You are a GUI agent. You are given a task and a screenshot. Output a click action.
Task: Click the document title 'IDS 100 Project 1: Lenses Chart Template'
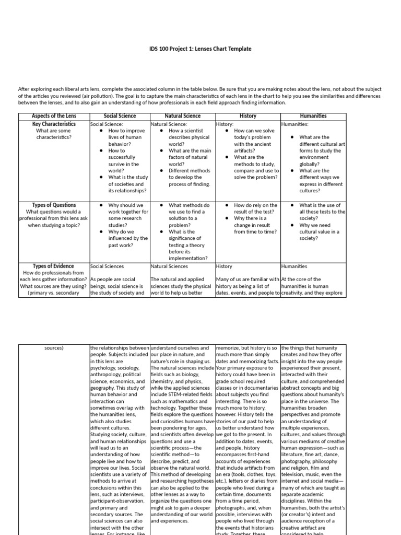[x=200, y=49]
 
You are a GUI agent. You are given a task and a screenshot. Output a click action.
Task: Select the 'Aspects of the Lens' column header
[x=54, y=116]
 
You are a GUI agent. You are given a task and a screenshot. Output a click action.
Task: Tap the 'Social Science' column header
[x=120, y=116]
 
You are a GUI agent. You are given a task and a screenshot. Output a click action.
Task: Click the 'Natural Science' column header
[x=182, y=116]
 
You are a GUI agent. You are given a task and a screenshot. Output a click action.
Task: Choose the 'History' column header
[x=247, y=116]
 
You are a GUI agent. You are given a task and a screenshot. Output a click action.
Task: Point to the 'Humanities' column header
[x=313, y=116]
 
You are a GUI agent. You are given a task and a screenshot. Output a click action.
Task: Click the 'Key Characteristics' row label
[x=54, y=124]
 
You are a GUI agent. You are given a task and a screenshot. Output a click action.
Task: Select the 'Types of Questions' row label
[x=54, y=205]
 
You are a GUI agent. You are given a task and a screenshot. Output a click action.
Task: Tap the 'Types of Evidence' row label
[x=54, y=266]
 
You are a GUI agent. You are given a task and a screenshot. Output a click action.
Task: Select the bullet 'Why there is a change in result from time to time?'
[x=254, y=225]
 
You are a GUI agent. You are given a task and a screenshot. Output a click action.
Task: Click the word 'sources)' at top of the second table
[x=54, y=347]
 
